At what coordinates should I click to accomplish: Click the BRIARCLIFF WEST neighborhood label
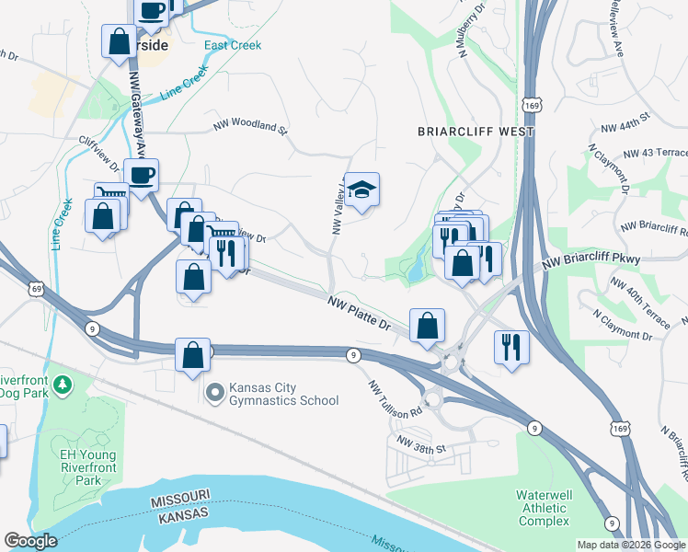click(476, 132)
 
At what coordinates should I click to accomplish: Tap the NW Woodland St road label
click(250, 123)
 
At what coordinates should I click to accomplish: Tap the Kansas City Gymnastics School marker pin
click(214, 394)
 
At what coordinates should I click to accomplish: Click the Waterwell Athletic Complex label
click(544, 508)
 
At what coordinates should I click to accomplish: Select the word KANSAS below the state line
click(178, 521)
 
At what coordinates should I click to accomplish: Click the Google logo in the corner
click(30, 541)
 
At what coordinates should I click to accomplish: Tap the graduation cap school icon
click(361, 190)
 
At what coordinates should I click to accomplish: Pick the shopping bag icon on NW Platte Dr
click(427, 326)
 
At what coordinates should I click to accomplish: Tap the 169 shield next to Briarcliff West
click(529, 107)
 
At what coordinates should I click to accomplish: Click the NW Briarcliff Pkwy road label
click(591, 261)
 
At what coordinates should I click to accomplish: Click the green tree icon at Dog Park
click(63, 382)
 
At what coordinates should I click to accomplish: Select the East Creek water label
click(233, 45)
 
